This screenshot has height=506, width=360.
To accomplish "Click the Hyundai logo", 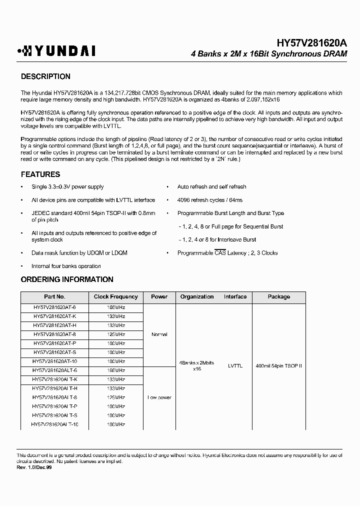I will pos(56,50).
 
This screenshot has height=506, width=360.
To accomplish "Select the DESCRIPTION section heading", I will pos(45,76).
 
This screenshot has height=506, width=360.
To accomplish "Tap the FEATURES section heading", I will pos(40,174).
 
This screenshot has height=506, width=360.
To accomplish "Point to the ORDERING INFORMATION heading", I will pos(67,279).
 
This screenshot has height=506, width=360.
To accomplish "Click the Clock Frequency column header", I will pos(116,296).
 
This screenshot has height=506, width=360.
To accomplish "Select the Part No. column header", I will pos(54,296).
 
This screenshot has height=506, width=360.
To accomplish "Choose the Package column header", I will pos(278,296).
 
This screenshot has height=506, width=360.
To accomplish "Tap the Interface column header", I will pos(235,296).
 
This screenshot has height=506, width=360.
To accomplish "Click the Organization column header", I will pos(197,296).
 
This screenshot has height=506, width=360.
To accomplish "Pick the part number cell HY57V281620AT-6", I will pos(54,307).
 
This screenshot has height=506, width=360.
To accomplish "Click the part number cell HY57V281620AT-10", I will pos(54,361).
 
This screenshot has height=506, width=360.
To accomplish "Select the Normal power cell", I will pos(159,334).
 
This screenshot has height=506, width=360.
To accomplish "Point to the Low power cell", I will pos(159,397).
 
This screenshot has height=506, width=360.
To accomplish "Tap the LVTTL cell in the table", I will pos(235,366).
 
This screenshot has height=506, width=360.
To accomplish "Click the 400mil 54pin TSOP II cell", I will pos(278,366).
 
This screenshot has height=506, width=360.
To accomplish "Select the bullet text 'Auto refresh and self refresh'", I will pos(211,187).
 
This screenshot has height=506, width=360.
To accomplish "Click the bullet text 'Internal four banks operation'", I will pos(66,266).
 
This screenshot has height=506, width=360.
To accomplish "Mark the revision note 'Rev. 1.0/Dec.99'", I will pos(34,467).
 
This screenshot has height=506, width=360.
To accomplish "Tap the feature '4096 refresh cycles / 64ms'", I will pos(210,200).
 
